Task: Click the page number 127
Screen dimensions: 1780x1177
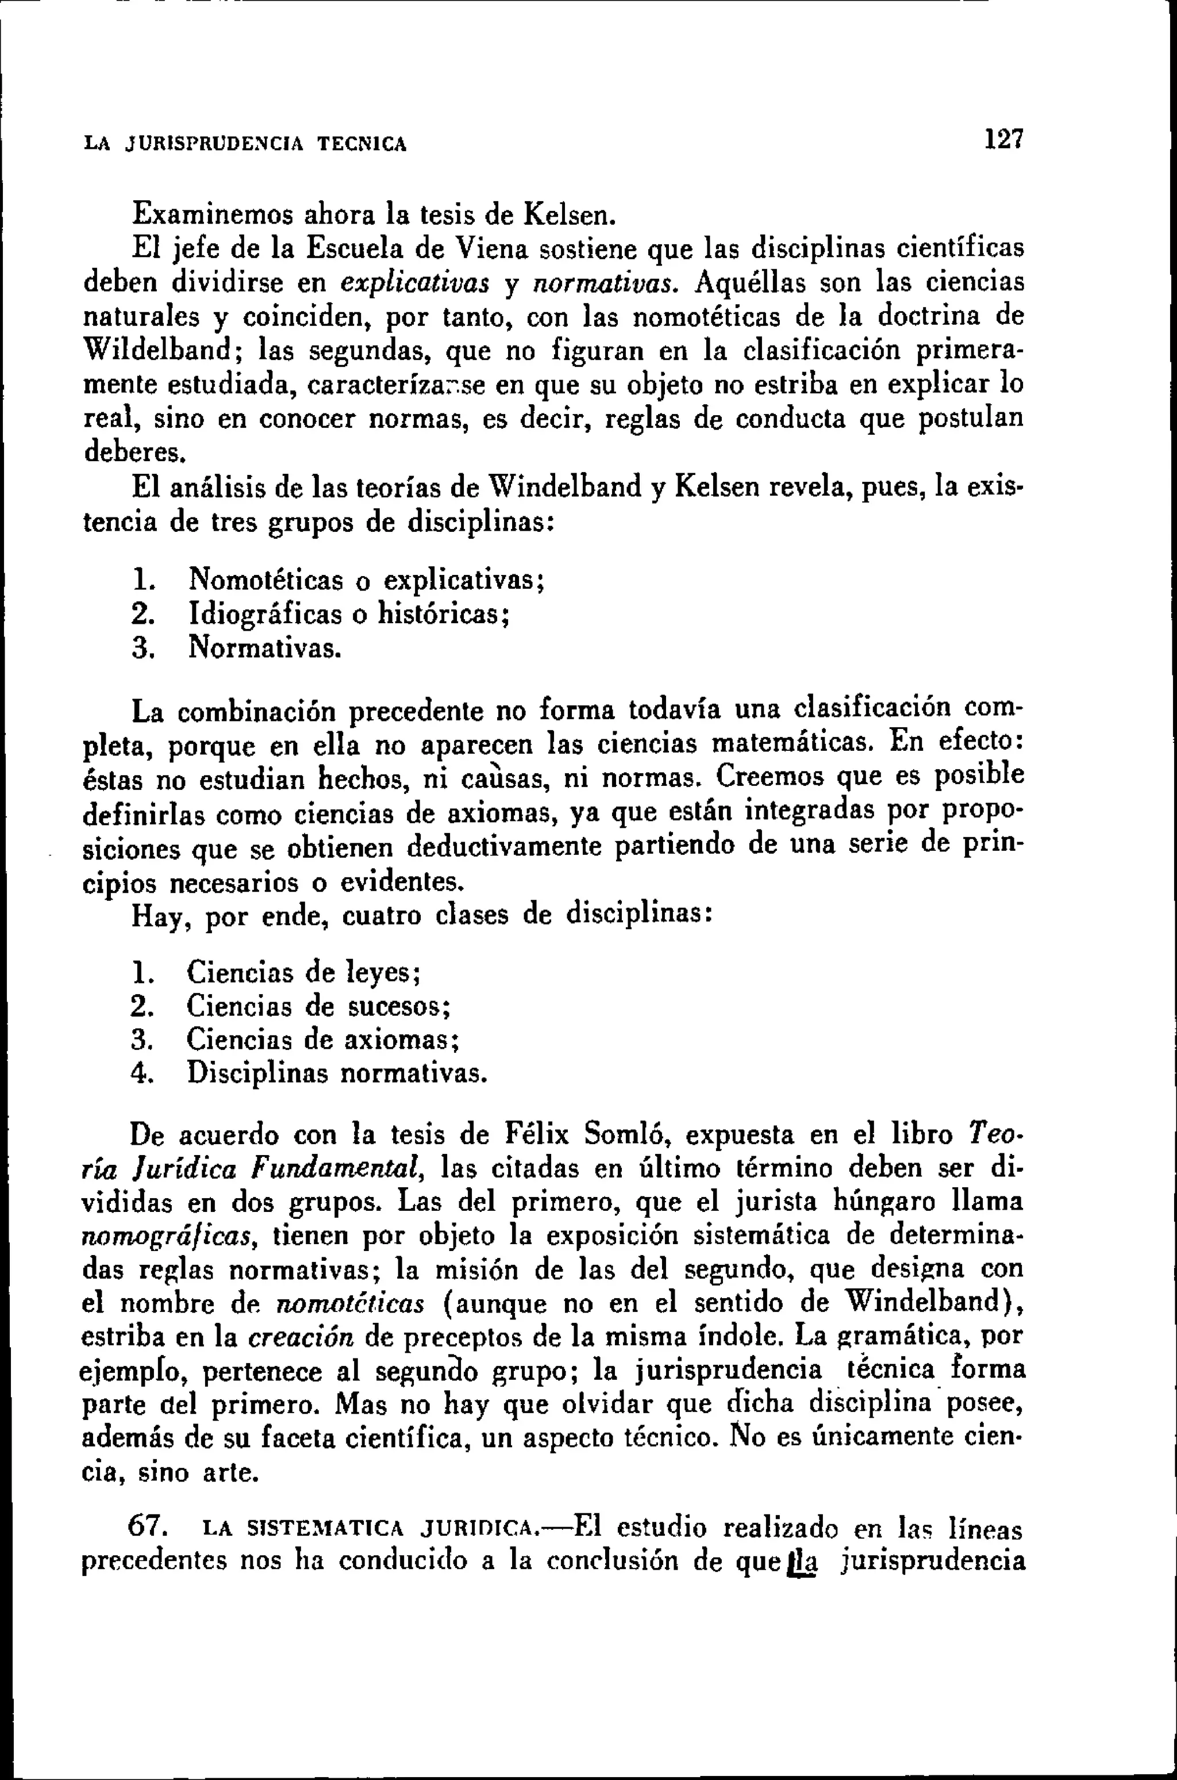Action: [1005, 140]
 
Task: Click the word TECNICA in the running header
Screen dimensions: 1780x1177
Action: [363, 143]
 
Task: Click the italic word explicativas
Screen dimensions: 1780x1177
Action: [414, 284]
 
